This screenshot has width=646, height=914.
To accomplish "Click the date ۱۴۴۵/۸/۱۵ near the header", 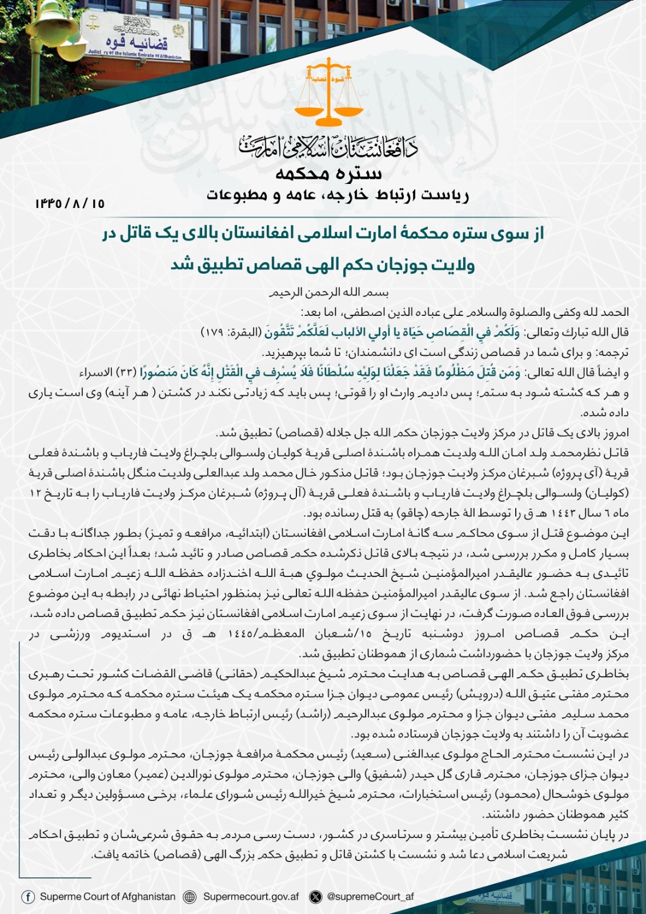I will [x=70, y=203].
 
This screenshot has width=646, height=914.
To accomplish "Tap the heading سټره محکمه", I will [x=329, y=173].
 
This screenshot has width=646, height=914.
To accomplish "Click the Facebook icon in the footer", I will [x=28, y=896].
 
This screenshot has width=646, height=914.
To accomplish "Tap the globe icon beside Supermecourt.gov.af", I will [x=190, y=897].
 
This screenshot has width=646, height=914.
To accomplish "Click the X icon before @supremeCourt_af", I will [x=315, y=897].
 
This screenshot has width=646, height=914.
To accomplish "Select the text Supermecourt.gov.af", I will [x=251, y=896].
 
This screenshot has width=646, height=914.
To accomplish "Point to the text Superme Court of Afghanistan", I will [x=107, y=896].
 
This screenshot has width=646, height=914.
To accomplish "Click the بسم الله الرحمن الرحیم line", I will [x=329, y=292].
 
